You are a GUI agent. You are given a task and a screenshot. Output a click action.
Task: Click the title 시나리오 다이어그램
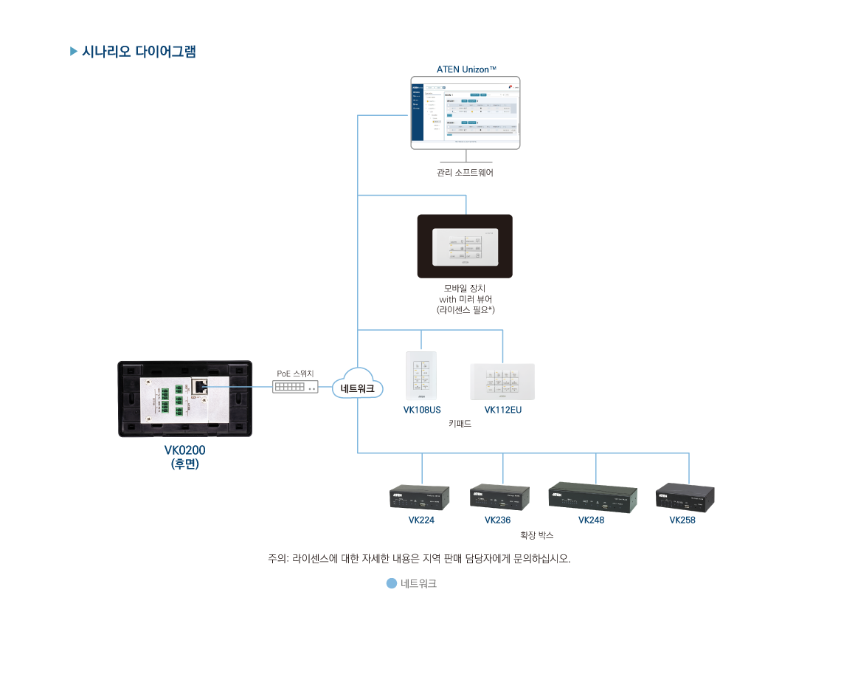click(x=139, y=52)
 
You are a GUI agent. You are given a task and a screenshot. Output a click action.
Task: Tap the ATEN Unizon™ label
click(x=466, y=69)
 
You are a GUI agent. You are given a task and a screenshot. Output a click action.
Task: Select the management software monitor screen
click(x=466, y=112)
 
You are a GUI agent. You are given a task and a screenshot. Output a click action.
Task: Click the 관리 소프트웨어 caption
click(x=465, y=173)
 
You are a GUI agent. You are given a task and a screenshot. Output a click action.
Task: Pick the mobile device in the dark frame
click(x=465, y=247)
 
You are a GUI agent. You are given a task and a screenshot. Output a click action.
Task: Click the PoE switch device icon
click(x=296, y=386)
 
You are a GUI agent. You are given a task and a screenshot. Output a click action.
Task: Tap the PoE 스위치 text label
click(x=296, y=374)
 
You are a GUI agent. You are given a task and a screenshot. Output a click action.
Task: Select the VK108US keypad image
click(x=421, y=376)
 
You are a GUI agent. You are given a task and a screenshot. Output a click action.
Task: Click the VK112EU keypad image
click(x=502, y=382)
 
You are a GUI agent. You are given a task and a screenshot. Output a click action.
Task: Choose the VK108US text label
click(x=422, y=410)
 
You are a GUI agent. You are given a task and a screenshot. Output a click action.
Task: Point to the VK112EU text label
click(x=502, y=410)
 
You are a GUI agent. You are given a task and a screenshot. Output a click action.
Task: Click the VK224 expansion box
click(x=421, y=497)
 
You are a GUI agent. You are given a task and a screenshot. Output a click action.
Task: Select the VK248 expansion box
click(x=592, y=495)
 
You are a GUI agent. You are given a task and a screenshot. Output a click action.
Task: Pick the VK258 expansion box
click(x=685, y=497)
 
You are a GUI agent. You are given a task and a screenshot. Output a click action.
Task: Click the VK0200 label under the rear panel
click(x=184, y=450)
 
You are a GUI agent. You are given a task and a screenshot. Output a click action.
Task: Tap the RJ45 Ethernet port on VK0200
click(x=200, y=386)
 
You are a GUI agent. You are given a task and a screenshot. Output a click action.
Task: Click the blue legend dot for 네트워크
click(x=392, y=583)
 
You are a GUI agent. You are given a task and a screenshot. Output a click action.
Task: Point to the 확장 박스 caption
click(x=537, y=535)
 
